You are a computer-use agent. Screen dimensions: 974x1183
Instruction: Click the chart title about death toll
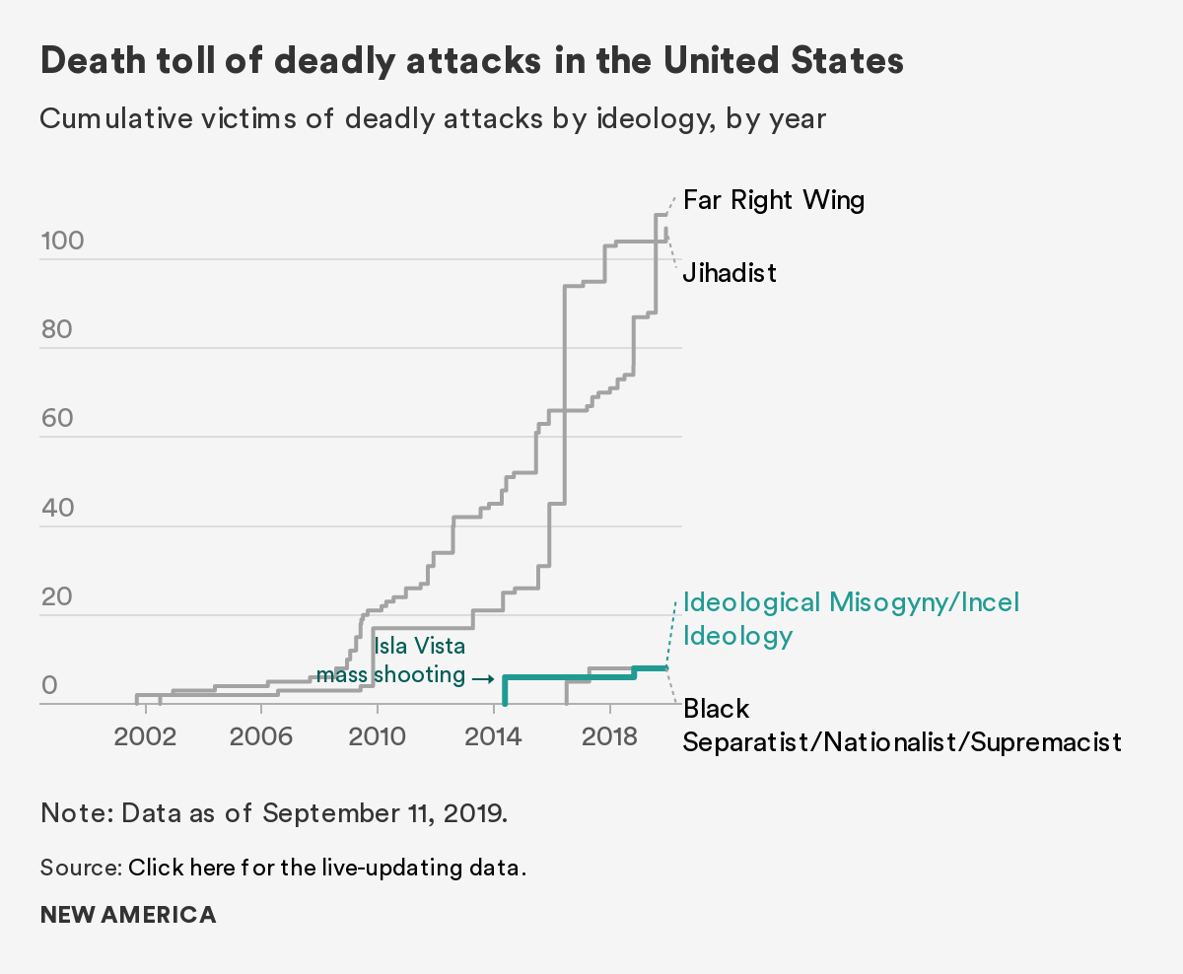coord(471,61)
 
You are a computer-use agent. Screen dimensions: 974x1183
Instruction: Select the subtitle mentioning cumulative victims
coord(433,119)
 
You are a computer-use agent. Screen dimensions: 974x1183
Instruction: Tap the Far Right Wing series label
coord(774,201)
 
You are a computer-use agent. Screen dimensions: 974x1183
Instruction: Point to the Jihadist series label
coord(730,272)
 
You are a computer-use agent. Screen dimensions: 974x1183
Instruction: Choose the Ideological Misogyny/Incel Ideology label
coord(851,618)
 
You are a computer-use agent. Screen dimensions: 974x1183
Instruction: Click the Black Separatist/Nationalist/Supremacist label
coord(902,726)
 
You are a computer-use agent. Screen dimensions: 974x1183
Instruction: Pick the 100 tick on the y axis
coord(62,242)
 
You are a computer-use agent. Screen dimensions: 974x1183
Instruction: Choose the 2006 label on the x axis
coord(261,738)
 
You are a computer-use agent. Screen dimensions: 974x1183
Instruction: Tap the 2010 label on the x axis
coord(377,738)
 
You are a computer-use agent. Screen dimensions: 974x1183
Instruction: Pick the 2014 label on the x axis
coord(493,738)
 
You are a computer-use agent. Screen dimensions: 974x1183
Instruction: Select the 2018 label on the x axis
coord(609,738)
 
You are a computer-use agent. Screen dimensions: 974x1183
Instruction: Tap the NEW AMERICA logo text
coord(128,915)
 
